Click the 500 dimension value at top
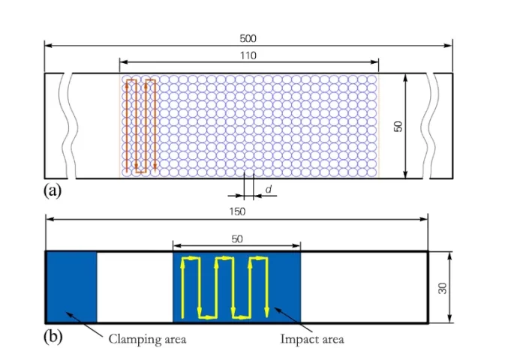pyautogui.click(x=248, y=37)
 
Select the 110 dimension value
pyautogui.click(x=248, y=55)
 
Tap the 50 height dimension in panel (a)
pyautogui.click(x=398, y=126)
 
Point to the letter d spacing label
pyautogui.click(x=269, y=190)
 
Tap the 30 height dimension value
pyautogui.click(x=443, y=287)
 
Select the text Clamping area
pyautogui.click(x=147, y=339)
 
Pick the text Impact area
pyautogui.click(x=312, y=339)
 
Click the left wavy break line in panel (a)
pyautogui.click(x=70, y=126)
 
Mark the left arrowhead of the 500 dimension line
pyautogui.click(x=48, y=46)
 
